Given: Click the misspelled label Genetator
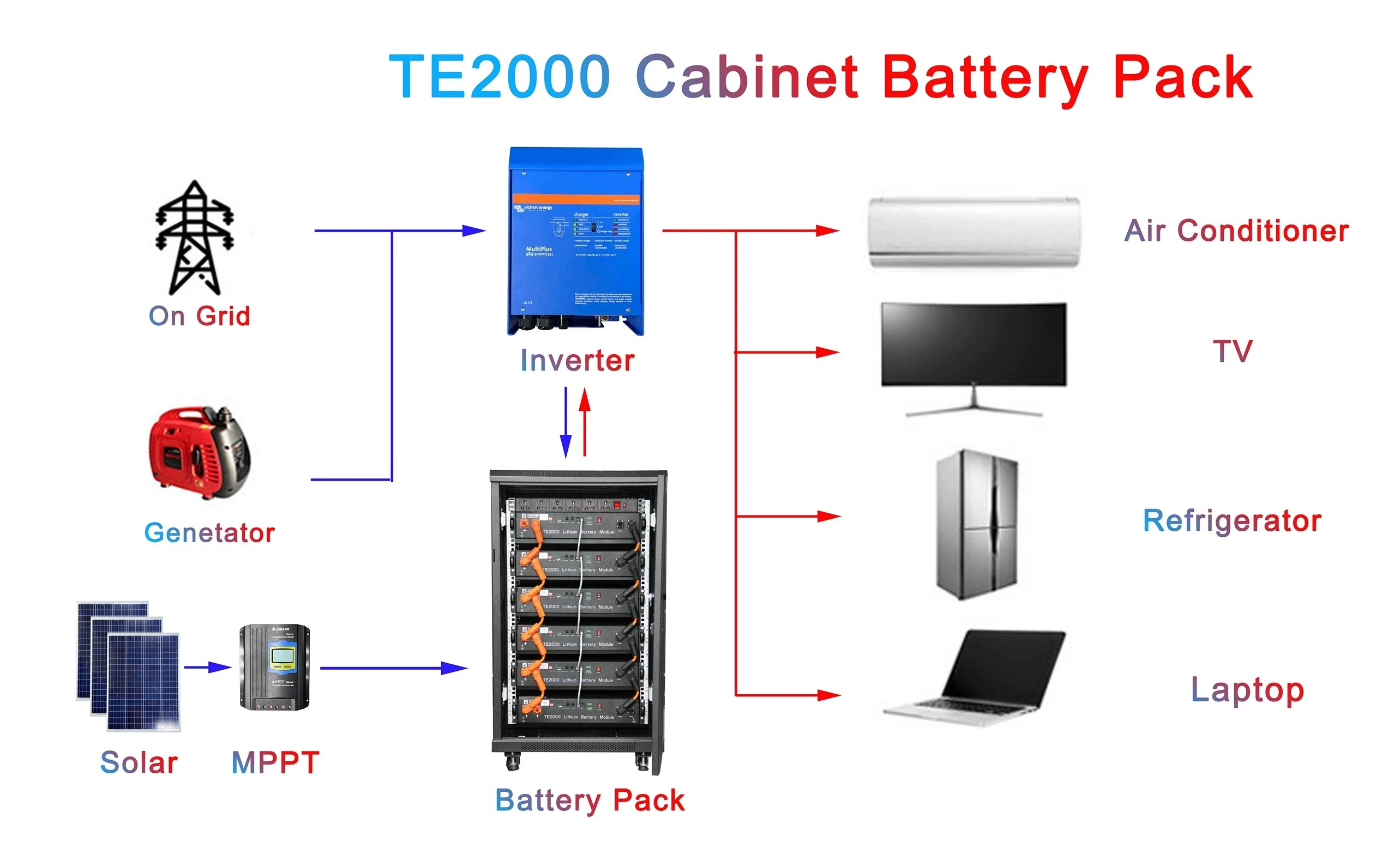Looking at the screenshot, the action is click(209, 533).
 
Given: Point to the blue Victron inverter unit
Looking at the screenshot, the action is click(576, 241).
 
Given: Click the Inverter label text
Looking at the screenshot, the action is click(577, 361).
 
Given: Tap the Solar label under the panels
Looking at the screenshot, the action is click(139, 762).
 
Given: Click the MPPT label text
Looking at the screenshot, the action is click(275, 762).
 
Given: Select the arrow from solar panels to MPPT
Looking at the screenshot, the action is click(207, 668).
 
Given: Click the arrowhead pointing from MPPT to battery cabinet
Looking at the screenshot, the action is click(454, 669).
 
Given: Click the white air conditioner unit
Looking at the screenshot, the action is click(974, 232).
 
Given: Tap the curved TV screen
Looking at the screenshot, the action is click(974, 344).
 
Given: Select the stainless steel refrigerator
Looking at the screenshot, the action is click(976, 524).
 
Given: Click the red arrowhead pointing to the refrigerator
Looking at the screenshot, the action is click(828, 516).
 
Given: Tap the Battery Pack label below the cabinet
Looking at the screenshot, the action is click(590, 800).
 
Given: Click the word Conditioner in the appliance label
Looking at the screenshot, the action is click(1263, 231).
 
